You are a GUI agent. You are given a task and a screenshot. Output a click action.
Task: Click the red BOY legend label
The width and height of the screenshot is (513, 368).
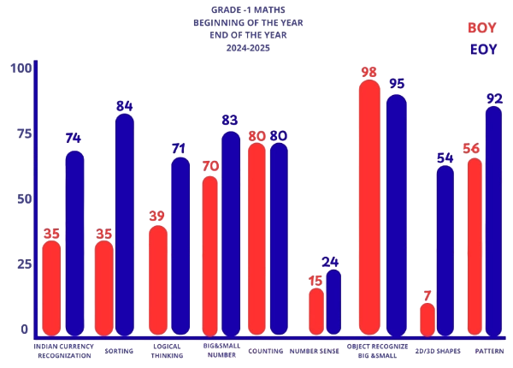(482, 27)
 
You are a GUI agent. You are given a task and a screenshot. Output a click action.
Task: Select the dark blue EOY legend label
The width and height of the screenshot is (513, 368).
(483, 49)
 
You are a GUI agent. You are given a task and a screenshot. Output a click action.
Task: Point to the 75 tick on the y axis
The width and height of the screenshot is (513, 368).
(25, 134)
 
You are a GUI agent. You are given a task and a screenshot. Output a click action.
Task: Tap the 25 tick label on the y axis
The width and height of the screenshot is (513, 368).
(25, 264)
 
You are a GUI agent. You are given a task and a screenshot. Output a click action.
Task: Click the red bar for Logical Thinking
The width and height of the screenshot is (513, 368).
(158, 280)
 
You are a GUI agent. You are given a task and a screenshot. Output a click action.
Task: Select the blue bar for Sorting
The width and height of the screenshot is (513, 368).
(125, 224)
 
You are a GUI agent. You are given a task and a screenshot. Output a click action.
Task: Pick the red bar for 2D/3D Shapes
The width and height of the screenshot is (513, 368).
(427, 320)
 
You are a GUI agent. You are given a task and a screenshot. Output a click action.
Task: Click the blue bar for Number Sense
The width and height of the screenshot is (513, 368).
(333, 302)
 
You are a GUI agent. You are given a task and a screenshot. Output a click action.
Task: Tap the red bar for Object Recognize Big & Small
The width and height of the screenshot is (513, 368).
(369, 207)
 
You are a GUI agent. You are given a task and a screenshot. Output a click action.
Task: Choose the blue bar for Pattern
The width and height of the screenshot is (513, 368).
(493, 222)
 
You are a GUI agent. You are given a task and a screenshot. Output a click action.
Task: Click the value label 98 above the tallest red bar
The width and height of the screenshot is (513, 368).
(369, 72)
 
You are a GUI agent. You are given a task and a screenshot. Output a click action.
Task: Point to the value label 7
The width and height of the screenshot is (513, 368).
(427, 295)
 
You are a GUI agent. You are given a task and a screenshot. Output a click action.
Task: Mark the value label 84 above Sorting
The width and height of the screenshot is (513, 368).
(124, 106)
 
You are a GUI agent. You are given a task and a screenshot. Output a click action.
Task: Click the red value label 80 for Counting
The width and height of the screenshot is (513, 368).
(256, 136)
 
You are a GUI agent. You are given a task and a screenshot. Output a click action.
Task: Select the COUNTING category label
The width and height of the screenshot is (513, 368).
(266, 351)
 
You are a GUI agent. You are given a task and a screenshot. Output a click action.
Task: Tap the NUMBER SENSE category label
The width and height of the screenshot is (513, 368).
(314, 351)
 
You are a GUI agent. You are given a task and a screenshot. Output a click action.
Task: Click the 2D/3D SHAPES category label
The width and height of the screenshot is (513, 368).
(438, 351)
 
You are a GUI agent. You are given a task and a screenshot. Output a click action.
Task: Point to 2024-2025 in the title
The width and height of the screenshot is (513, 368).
(248, 48)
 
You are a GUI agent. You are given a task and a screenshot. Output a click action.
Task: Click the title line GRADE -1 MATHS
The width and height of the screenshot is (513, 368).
(248, 9)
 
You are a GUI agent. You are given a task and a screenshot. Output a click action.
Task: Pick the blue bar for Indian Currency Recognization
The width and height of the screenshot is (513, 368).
(75, 243)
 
